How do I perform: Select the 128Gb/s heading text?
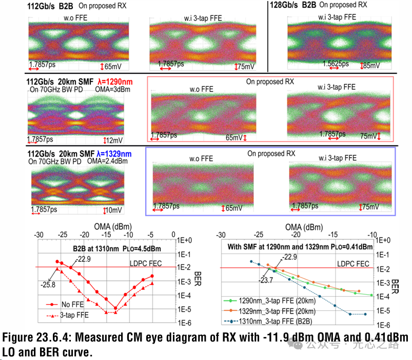click(285, 5)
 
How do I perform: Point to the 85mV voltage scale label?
click(371, 65)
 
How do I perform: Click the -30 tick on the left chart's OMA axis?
click(38, 234)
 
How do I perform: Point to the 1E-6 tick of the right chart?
click(386, 325)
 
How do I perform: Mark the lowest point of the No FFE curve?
click(115, 308)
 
